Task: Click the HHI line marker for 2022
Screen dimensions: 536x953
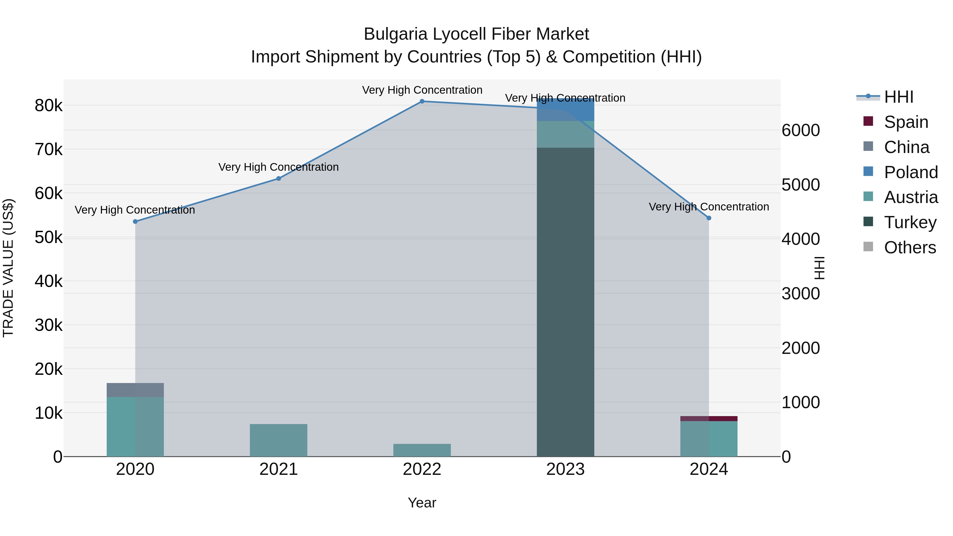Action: click(x=422, y=101)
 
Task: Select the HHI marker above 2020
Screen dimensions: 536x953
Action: click(x=135, y=222)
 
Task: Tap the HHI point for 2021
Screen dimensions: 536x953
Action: click(x=278, y=179)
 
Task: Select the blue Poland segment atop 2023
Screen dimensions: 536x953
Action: click(x=565, y=110)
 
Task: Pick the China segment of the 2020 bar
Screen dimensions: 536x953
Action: click(x=135, y=390)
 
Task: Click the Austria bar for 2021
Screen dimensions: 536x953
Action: click(x=278, y=440)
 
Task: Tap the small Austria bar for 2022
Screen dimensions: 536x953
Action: click(x=422, y=450)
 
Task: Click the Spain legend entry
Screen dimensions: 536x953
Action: click(x=906, y=122)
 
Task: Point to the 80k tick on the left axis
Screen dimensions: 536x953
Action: click(x=48, y=106)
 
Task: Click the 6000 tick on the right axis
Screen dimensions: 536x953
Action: click(x=801, y=130)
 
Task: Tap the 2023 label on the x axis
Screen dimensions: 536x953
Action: click(x=565, y=469)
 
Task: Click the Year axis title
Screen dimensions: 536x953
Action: click(x=422, y=503)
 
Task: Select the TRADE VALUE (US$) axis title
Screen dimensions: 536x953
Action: click(x=8, y=268)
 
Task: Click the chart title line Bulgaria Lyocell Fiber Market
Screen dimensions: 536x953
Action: click(x=476, y=34)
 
